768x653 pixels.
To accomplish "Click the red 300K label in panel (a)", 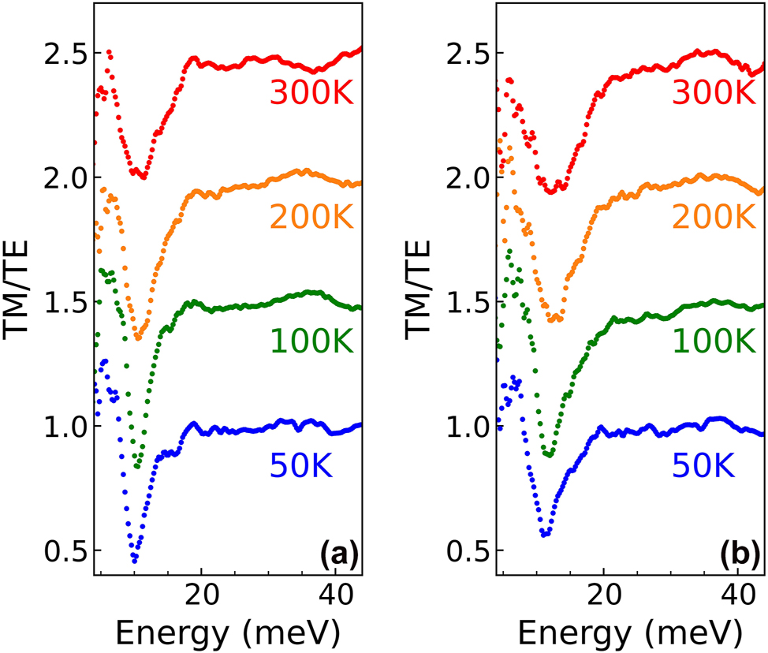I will tap(313, 94).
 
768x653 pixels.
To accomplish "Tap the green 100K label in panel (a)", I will tap(313, 340).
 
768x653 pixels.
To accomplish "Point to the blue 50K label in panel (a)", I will tap(302, 466).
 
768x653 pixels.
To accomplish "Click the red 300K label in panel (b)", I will tap(716, 94).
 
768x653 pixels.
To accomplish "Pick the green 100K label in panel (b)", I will tap(716, 340).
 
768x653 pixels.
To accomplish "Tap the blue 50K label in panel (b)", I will tap(705, 466).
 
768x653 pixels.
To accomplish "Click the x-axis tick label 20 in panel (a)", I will tap(202, 597).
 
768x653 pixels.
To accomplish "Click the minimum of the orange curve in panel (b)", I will tap(554, 319).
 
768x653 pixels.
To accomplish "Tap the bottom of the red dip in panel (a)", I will tap(143, 177).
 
